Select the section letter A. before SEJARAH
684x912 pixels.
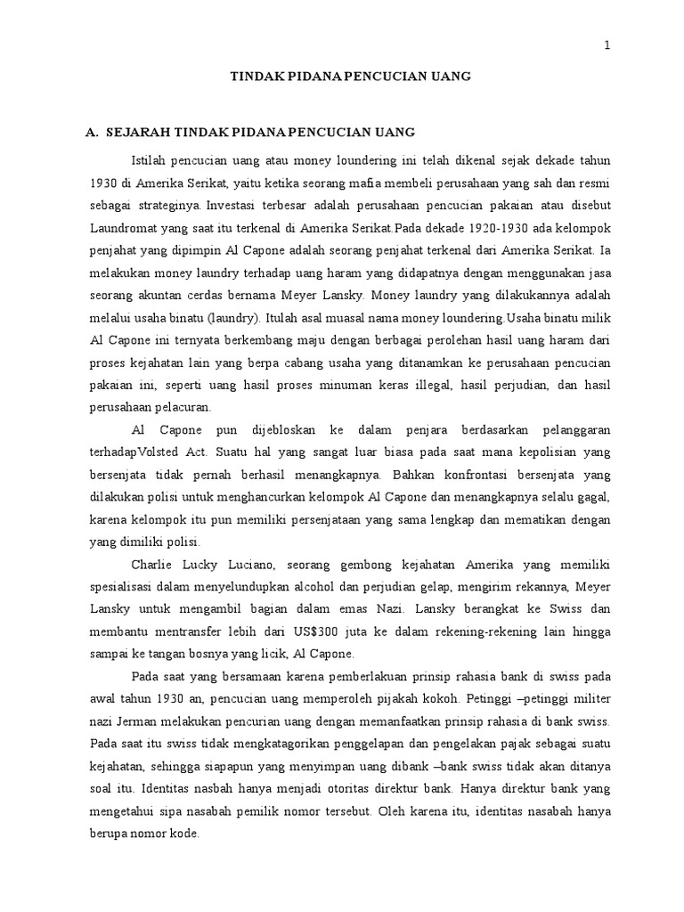(x=91, y=133)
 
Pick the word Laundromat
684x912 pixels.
(x=121, y=229)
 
